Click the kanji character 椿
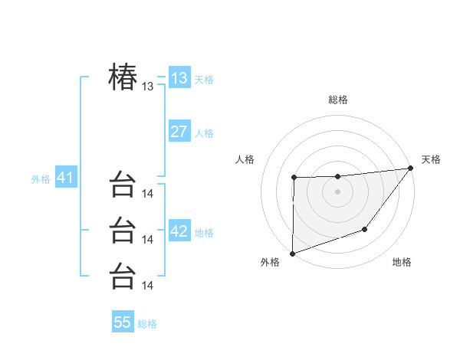point(123,77)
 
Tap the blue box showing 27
point(179,132)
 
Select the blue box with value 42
point(179,231)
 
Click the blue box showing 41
point(65,178)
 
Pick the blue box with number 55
point(123,322)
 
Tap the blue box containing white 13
point(179,78)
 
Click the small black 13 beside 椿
point(148,87)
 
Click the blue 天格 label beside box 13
point(204,80)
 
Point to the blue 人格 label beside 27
point(204,133)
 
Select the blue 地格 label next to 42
point(204,233)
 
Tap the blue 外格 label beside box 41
point(41,180)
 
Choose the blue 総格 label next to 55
point(147,324)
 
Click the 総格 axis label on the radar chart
point(337,100)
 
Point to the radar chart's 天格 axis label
point(431,159)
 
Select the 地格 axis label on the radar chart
point(402,263)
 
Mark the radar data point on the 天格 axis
point(410,168)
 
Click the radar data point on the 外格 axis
point(292,253)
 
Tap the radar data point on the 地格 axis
point(365,229)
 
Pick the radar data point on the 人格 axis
point(294,178)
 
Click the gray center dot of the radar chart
point(337,191)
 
